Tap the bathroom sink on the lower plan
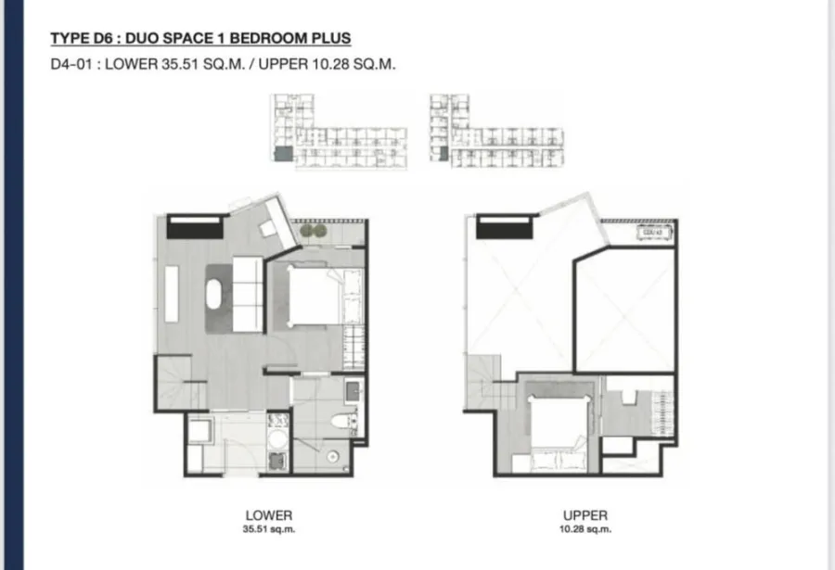353,392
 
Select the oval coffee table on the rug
215,293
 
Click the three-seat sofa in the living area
248,295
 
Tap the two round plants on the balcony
314,231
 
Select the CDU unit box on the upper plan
654,232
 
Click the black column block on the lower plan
195,227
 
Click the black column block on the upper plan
504,227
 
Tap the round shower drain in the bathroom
333,457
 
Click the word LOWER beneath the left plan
269,515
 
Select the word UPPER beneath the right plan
585,515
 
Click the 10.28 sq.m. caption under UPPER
585,529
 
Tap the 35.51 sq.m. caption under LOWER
269,529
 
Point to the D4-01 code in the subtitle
71,64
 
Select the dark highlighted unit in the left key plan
283,153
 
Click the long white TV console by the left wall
172,294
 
